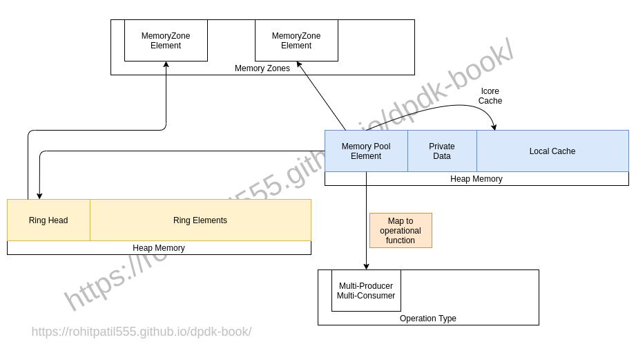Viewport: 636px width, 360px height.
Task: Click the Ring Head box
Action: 48,220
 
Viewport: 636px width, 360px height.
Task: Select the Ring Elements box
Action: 200,220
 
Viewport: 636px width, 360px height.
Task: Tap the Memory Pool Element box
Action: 366,151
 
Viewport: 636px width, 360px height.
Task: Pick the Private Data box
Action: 442,151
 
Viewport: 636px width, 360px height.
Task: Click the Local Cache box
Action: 552,151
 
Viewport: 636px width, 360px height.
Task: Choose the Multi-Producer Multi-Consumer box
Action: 366,290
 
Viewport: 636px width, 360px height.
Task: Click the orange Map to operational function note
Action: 401,230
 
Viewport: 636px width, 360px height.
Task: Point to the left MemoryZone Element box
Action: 166,40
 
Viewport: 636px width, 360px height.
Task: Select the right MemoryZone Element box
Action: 296,40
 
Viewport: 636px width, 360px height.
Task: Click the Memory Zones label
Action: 262,68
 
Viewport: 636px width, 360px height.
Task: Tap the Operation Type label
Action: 428,319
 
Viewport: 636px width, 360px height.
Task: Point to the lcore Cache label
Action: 490,96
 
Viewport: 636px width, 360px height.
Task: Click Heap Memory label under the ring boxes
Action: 159,248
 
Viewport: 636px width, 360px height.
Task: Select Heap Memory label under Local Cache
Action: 476,179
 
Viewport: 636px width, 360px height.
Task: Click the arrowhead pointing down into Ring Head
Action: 39,196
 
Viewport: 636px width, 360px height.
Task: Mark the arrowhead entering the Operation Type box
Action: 366,266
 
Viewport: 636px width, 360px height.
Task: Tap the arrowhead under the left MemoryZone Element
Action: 166,65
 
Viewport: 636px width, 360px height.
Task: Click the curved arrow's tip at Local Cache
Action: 494,127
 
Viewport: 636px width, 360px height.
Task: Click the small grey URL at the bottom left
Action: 142,332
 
